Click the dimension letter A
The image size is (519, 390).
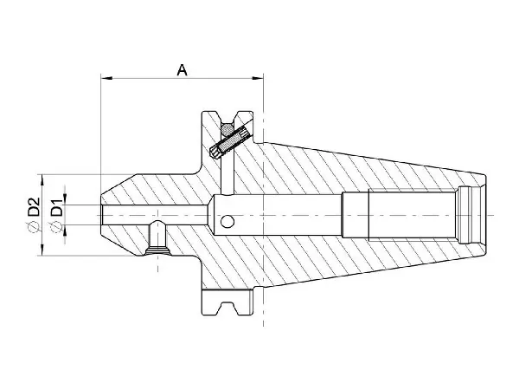(x=182, y=69)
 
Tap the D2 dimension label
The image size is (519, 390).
(x=34, y=208)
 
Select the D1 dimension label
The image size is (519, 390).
(x=56, y=208)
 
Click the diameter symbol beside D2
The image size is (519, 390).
(x=34, y=227)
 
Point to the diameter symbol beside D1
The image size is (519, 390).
(x=56, y=226)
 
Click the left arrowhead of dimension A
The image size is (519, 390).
(x=106, y=78)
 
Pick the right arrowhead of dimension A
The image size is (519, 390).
(x=258, y=78)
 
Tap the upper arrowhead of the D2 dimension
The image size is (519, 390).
(x=42, y=181)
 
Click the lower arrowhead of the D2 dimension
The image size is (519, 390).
(x=42, y=250)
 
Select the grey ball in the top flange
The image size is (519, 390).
(x=227, y=129)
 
